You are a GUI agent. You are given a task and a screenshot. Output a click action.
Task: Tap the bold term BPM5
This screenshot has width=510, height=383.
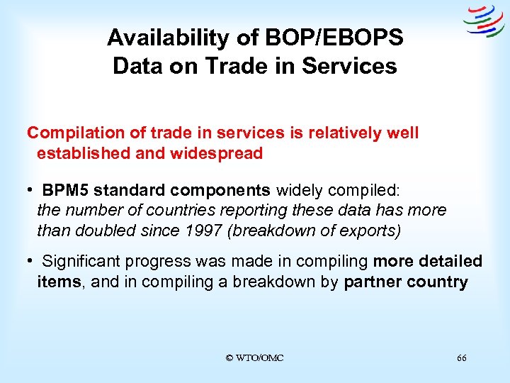pos(65,190)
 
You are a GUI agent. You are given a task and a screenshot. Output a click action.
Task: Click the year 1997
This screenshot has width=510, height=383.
pos(203,230)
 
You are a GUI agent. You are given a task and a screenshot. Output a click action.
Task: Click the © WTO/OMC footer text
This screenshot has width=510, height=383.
pos(254,358)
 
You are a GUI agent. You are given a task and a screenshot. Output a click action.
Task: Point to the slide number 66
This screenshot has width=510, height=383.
pos(462,358)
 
